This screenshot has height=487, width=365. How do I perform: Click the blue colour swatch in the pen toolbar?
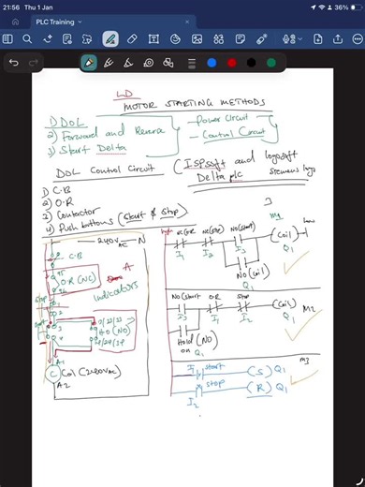(x=212, y=63)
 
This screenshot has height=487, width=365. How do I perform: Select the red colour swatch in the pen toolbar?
(x=231, y=63)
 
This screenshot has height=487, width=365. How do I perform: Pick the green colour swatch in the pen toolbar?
(x=271, y=63)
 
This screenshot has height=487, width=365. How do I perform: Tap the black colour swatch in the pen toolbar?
(x=251, y=63)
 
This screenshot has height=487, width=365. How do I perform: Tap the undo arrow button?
(x=14, y=63)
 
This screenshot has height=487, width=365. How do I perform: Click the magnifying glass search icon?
(x=27, y=38)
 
